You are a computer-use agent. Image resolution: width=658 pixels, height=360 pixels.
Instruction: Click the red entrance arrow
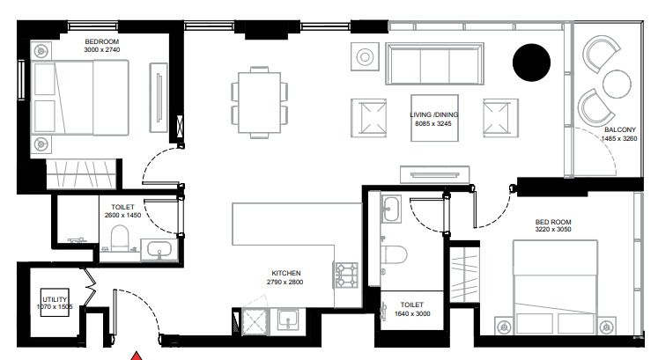(137, 355)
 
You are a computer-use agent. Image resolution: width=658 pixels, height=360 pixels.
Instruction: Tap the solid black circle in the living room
(532, 61)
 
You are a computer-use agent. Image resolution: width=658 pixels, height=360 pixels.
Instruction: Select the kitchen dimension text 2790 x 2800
(287, 283)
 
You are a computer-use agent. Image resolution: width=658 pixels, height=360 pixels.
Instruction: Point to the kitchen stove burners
(344, 275)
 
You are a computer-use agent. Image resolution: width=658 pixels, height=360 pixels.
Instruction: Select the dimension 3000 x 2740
(102, 51)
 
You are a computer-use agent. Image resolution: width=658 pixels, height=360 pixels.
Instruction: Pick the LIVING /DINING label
(447, 114)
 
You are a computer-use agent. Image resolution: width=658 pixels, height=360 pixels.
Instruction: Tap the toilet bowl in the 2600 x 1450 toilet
(121, 238)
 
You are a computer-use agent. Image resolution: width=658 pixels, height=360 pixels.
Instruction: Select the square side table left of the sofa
(365, 58)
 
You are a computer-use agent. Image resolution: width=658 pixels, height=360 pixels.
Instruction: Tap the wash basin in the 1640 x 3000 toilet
(392, 209)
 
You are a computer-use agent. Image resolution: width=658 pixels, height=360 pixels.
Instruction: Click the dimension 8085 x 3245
(447, 124)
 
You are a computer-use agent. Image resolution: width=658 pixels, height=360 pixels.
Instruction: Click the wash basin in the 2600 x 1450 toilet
(159, 250)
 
